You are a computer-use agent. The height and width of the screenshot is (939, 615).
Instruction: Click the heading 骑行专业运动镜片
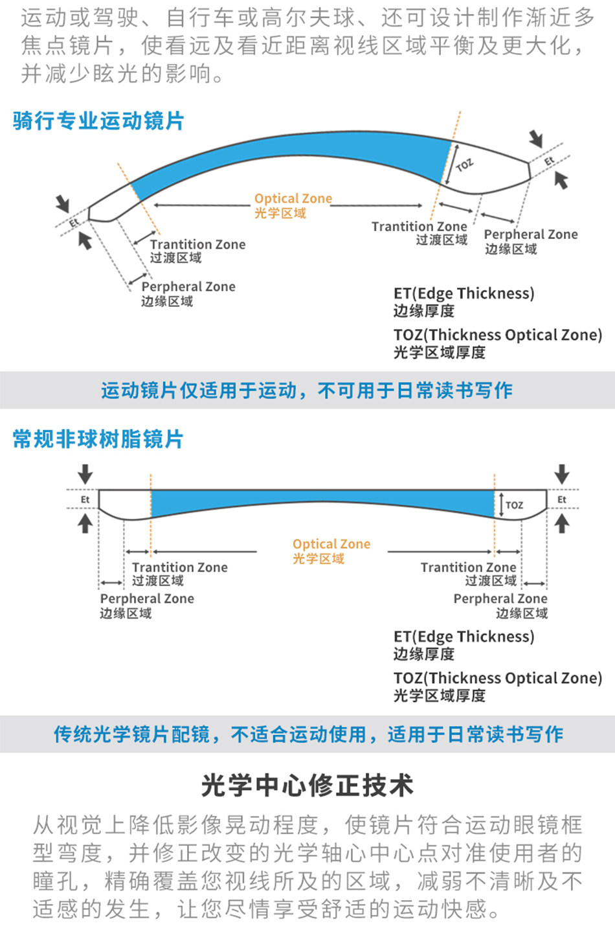pos(98,121)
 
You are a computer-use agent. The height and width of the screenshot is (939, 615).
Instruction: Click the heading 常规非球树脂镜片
pos(98,439)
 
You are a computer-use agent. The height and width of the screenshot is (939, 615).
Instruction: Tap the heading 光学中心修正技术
pos(307,786)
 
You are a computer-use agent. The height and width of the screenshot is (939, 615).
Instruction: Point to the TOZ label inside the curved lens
pos(464,165)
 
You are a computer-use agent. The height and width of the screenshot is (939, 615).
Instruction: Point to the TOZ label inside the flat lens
pos(515,505)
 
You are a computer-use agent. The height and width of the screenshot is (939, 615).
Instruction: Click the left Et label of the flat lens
pos(85,499)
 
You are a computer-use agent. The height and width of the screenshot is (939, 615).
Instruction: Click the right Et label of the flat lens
pos(561,499)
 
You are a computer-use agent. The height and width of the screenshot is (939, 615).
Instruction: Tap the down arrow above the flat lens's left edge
pos(85,473)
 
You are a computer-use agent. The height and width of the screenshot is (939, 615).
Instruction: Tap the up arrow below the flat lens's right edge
pos(561,523)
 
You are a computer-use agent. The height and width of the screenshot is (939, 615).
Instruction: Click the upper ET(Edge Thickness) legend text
pos(464,293)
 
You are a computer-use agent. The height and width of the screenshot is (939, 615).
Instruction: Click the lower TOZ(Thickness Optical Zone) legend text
pos(497,678)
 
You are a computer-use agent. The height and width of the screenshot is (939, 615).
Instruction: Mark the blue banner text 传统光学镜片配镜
pos(131,734)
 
